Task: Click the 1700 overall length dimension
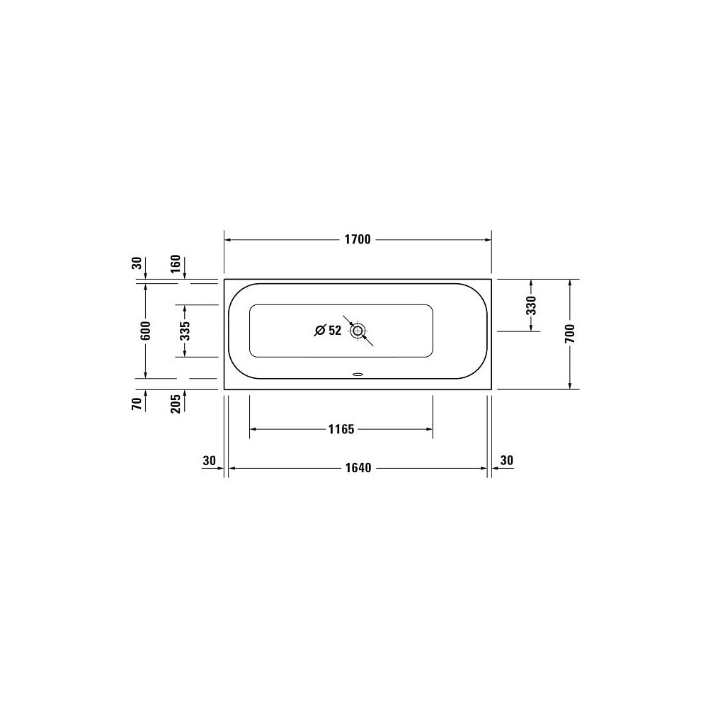coord(358,239)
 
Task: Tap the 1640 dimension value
coord(358,468)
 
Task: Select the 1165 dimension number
coord(341,429)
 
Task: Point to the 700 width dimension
coord(570,333)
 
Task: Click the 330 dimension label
coord(532,305)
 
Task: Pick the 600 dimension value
coord(145,331)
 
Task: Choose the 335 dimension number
coord(185,331)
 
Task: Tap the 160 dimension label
coord(176,263)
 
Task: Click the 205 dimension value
coord(176,404)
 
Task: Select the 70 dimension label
coord(137,404)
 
